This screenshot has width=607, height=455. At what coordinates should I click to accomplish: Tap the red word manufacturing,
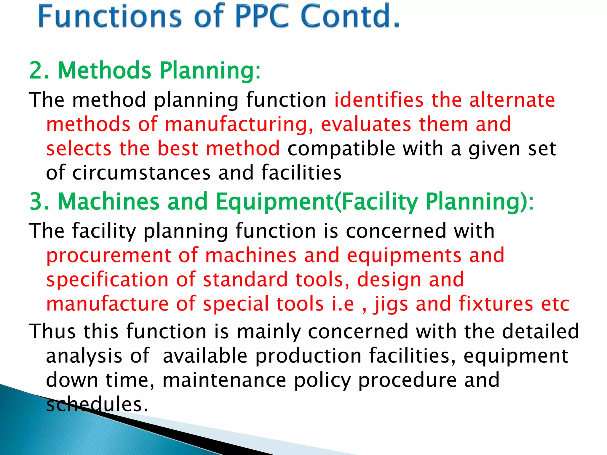(x=239, y=124)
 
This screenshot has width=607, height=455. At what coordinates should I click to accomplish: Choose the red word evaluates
(x=366, y=124)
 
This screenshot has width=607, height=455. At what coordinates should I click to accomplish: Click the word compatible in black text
(x=341, y=149)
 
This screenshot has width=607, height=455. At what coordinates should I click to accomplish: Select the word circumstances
(x=141, y=173)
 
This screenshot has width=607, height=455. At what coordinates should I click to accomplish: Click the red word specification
(x=108, y=280)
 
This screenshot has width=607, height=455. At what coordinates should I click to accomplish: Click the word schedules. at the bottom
(x=97, y=405)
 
